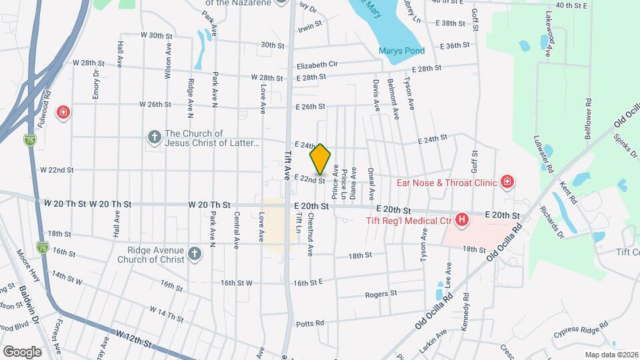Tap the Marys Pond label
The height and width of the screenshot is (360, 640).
pos(401,50)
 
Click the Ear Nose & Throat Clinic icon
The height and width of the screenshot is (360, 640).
pos(507,181)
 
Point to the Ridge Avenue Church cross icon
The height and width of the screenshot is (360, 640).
pos(194,254)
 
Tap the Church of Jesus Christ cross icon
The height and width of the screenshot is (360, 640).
pos(154,137)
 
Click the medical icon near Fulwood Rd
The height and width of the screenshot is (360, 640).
pos(63,112)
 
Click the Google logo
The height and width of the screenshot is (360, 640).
pos(22,351)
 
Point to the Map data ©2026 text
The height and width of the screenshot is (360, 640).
pos(611,355)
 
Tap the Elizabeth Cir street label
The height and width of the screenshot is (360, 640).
pos(318,65)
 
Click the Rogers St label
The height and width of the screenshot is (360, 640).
pos(381,293)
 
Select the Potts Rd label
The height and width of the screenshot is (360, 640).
pos(311,323)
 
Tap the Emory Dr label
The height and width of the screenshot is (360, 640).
pos(96,85)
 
